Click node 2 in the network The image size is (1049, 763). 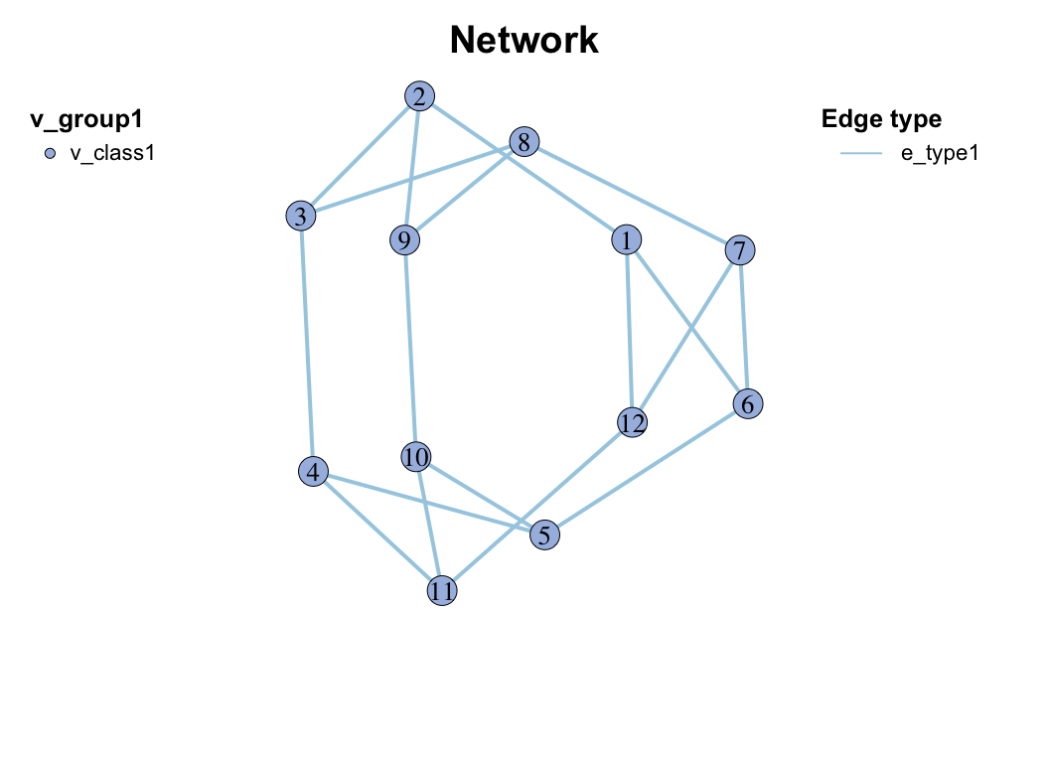coord(420,96)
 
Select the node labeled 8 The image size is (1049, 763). coord(524,142)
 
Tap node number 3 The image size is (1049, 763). coord(300,216)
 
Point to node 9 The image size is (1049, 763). coord(404,239)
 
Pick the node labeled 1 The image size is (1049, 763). coord(627,239)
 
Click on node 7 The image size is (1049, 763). coord(739,249)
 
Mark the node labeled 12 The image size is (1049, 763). coord(632,423)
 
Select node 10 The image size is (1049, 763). coord(416,457)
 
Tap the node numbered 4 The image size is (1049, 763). coord(314,473)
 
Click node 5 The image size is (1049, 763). coord(544,534)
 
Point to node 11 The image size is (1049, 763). coord(442,591)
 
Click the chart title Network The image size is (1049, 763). coord(524,41)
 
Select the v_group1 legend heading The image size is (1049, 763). coord(86,120)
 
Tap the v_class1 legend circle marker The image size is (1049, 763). coord(51,153)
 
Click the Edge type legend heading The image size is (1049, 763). coord(881,120)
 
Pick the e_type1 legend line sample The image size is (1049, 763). coord(861,153)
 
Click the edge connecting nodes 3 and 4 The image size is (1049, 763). coord(307,344)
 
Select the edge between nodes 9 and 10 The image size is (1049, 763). coord(410,348)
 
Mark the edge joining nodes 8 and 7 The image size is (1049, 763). coord(631,196)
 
